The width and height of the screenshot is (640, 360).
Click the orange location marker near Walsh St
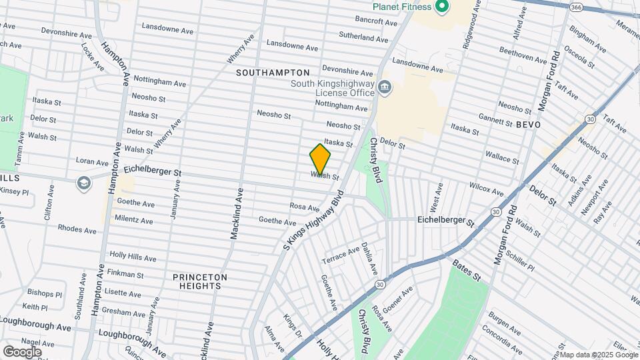pyautogui.click(x=320, y=159)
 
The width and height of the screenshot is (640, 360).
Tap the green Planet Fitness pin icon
pyautogui.click(x=441, y=7)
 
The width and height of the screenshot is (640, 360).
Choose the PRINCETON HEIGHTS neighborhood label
pyautogui.click(x=200, y=281)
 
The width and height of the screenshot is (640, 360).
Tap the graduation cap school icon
pyautogui.click(x=83, y=183)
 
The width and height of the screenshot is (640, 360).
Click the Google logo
pyautogui.click(x=22, y=351)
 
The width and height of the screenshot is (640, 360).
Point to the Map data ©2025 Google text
pyautogui.click(x=595, y=355)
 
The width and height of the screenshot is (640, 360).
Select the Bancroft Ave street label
pyautogui.click(x=376, y=21)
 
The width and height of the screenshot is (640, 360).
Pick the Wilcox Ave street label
pyautogui.click(x=486, y=189)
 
